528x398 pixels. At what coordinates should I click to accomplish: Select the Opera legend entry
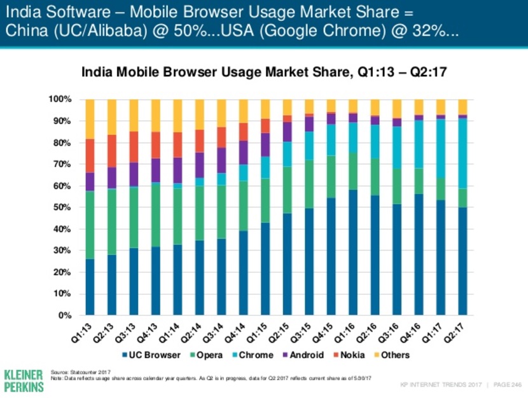click(x=207, y=355)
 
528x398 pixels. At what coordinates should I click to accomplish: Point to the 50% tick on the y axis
click(x=62, y=207)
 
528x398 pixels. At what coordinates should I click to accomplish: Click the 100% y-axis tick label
click(x=60, y=99)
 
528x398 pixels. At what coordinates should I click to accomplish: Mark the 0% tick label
click(x=64, y=315)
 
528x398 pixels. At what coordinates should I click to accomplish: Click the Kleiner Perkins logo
click(x=23, y=379)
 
